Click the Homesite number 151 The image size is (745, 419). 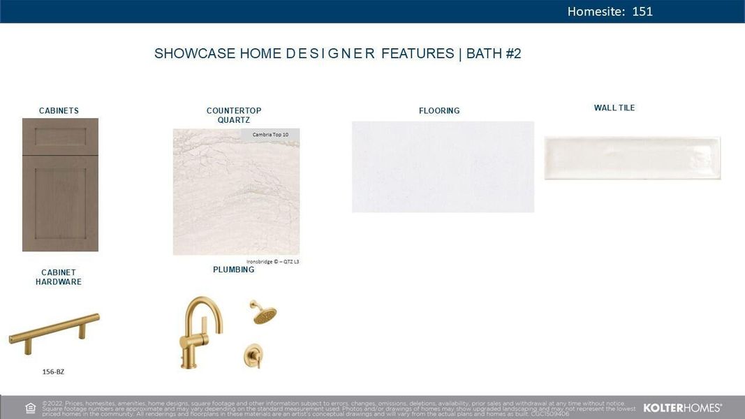pos(642,11)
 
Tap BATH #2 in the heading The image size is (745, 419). pos(494,54)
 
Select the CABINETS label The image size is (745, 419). pos(59,110)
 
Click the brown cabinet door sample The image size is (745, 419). pos(60,184)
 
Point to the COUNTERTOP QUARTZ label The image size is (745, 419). pos(233,115)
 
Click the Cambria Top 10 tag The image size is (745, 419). pos(270,134)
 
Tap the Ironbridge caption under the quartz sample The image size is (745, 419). pos(272,262)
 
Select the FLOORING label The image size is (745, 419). pos(439,110)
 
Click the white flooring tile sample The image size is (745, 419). pos(443,166)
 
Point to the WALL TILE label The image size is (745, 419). pos(614,108)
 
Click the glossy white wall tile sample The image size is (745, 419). pos(632,158)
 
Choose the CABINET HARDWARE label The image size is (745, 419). pos(59,277)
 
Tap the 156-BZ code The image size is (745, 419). pos(53,372)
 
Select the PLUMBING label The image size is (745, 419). pos(233,270)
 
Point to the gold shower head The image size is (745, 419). pos(264,314)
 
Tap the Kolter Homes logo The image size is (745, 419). pos(682,408)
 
